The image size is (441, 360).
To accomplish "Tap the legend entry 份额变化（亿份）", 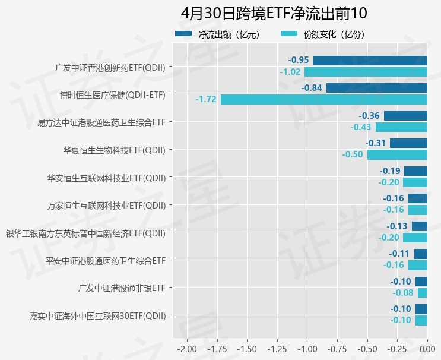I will click(334, 34).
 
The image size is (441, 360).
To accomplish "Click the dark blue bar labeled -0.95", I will click(370, 60).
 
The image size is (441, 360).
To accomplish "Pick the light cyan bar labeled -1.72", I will click(324, 99).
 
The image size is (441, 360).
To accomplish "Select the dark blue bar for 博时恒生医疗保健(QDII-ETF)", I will click(377, 88).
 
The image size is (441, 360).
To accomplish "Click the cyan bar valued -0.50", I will click(397, 154).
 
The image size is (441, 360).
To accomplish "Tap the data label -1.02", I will click(290, 72).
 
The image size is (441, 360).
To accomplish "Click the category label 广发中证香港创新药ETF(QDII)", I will click(110, 67).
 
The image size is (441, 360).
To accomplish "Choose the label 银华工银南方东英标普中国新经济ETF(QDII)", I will click(85, 233).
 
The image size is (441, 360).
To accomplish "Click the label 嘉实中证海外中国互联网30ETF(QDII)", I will click(97, 315).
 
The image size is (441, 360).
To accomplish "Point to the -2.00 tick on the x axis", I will click(187, 348).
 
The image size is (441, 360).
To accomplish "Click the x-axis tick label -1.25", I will click(277, 348).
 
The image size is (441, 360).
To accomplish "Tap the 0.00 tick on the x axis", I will click(427, 348).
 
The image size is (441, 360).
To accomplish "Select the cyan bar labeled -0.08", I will click(423, 293).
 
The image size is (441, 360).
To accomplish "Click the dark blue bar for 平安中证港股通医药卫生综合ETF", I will click(421, 254).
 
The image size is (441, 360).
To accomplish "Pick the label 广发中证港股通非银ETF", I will click(122, 288).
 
